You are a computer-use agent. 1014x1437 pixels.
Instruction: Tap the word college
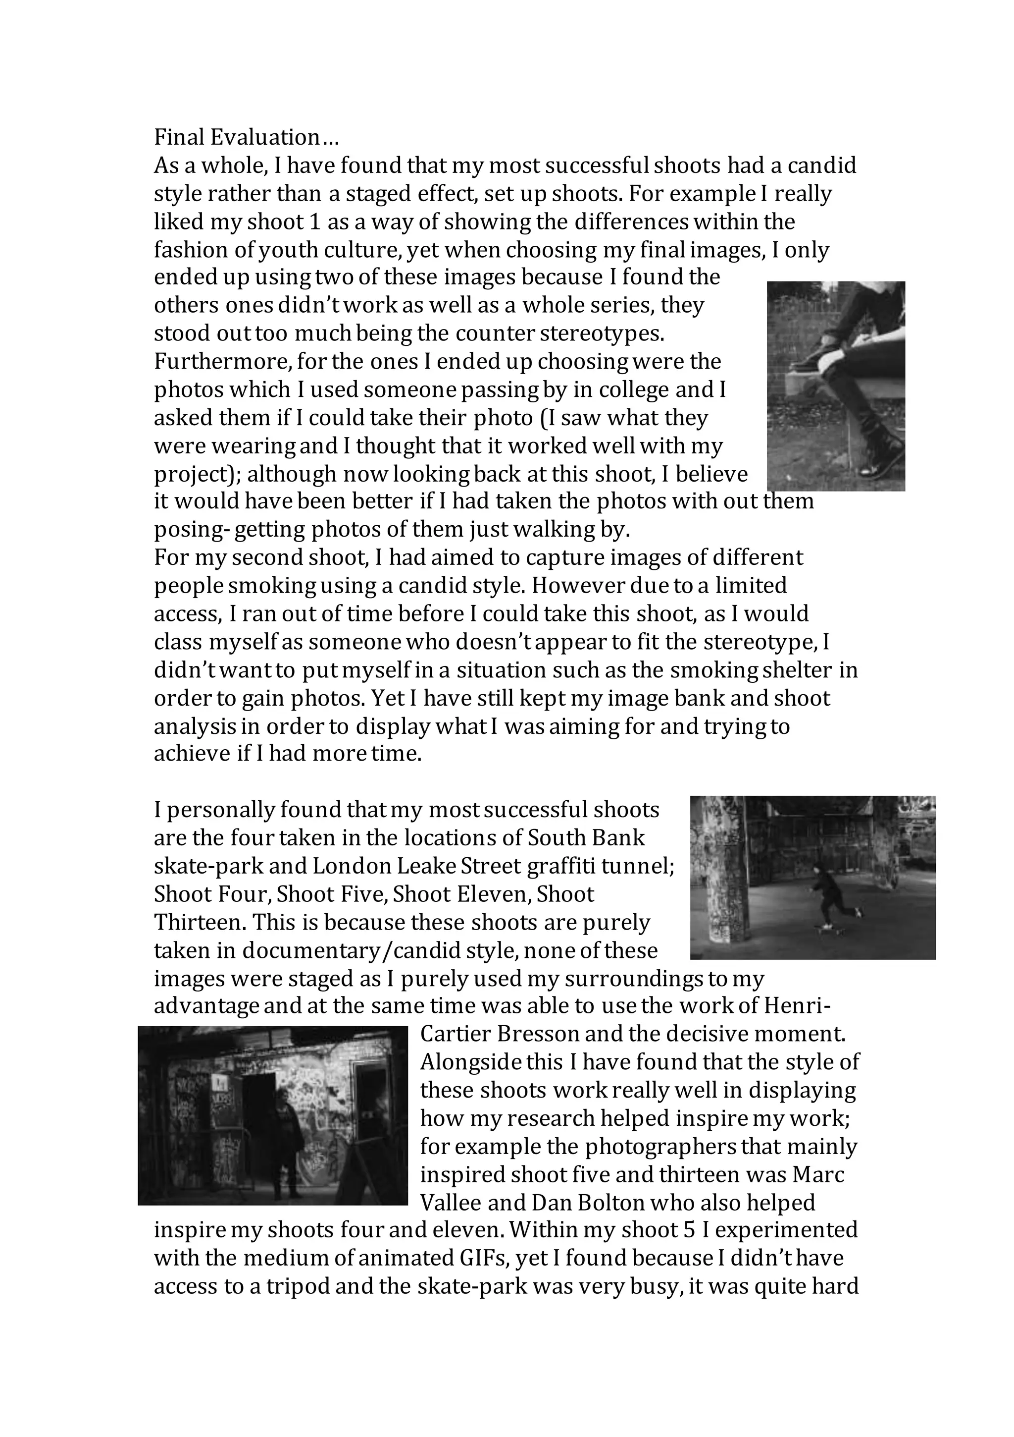[644, 390]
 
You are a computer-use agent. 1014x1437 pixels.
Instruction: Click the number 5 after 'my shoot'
[690, 1230]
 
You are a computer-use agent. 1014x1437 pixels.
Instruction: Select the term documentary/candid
[354, 951]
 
